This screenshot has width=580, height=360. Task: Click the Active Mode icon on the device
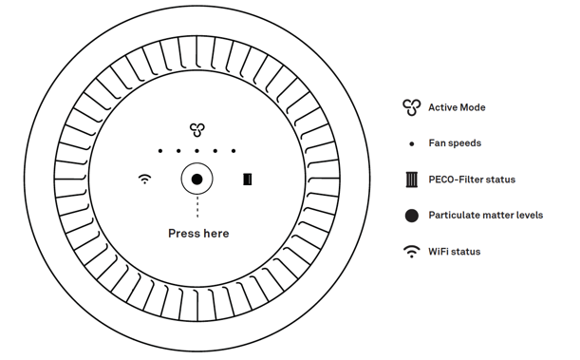tap(196, 130)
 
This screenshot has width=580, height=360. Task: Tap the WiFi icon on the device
tap(144, 179)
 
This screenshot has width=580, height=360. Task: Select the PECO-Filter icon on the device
tap(248, 179)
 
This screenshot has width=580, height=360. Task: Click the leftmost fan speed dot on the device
tap(160, 151)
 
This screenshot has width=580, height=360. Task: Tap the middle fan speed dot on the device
tap(196, 151)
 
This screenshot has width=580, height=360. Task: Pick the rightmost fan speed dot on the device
tap(233, 151)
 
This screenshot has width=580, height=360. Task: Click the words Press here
tap(197, 233)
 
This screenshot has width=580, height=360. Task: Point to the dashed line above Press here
tap(196, 208)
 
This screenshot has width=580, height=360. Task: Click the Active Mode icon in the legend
tap(411, 107)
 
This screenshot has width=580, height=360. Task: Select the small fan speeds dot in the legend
tap(411, 143)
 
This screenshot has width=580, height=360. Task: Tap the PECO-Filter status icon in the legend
tap(411, 180)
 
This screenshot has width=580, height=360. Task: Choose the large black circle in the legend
tap(411, 216)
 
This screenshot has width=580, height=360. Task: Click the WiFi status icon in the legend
tap(411, 252)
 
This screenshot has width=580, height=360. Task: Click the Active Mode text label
tap(457, 107)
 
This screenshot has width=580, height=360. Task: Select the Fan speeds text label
tap(455, 143)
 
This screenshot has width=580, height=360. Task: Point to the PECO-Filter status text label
tap(472, 180)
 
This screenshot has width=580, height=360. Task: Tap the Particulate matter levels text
tap(485, 216)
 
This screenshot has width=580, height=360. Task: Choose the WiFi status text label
tap(454, 252)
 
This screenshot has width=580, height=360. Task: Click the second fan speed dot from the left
tap(178, 151)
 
